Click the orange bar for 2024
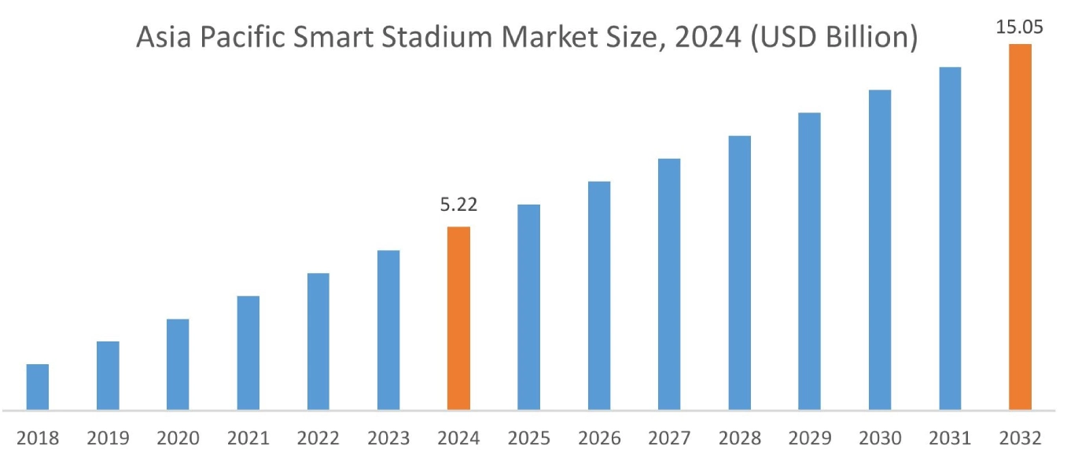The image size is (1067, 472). [x=458, y=319]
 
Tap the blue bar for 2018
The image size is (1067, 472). [x=38, y=387]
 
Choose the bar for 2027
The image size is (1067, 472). [x=669, y=284]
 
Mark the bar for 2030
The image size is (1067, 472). [x=880, y=249]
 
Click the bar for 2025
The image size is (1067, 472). [x=529, y=307]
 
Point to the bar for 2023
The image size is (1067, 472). [x=388, y=330]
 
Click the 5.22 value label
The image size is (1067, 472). [x=458, y=205]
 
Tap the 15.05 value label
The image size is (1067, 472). [x=1020, y=28]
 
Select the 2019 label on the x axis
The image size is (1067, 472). [x=108, y=438]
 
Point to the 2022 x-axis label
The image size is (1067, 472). [x=318, y=438]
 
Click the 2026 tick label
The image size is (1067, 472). [x=599, y=438]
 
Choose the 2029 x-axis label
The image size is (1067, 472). [x=809, y=438]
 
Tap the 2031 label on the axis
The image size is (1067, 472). [x=950, y=438]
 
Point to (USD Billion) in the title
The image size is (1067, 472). [x=833, y=37]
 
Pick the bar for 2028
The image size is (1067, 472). [x=739, y=272]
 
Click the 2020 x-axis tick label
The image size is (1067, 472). [x=178, y=438]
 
